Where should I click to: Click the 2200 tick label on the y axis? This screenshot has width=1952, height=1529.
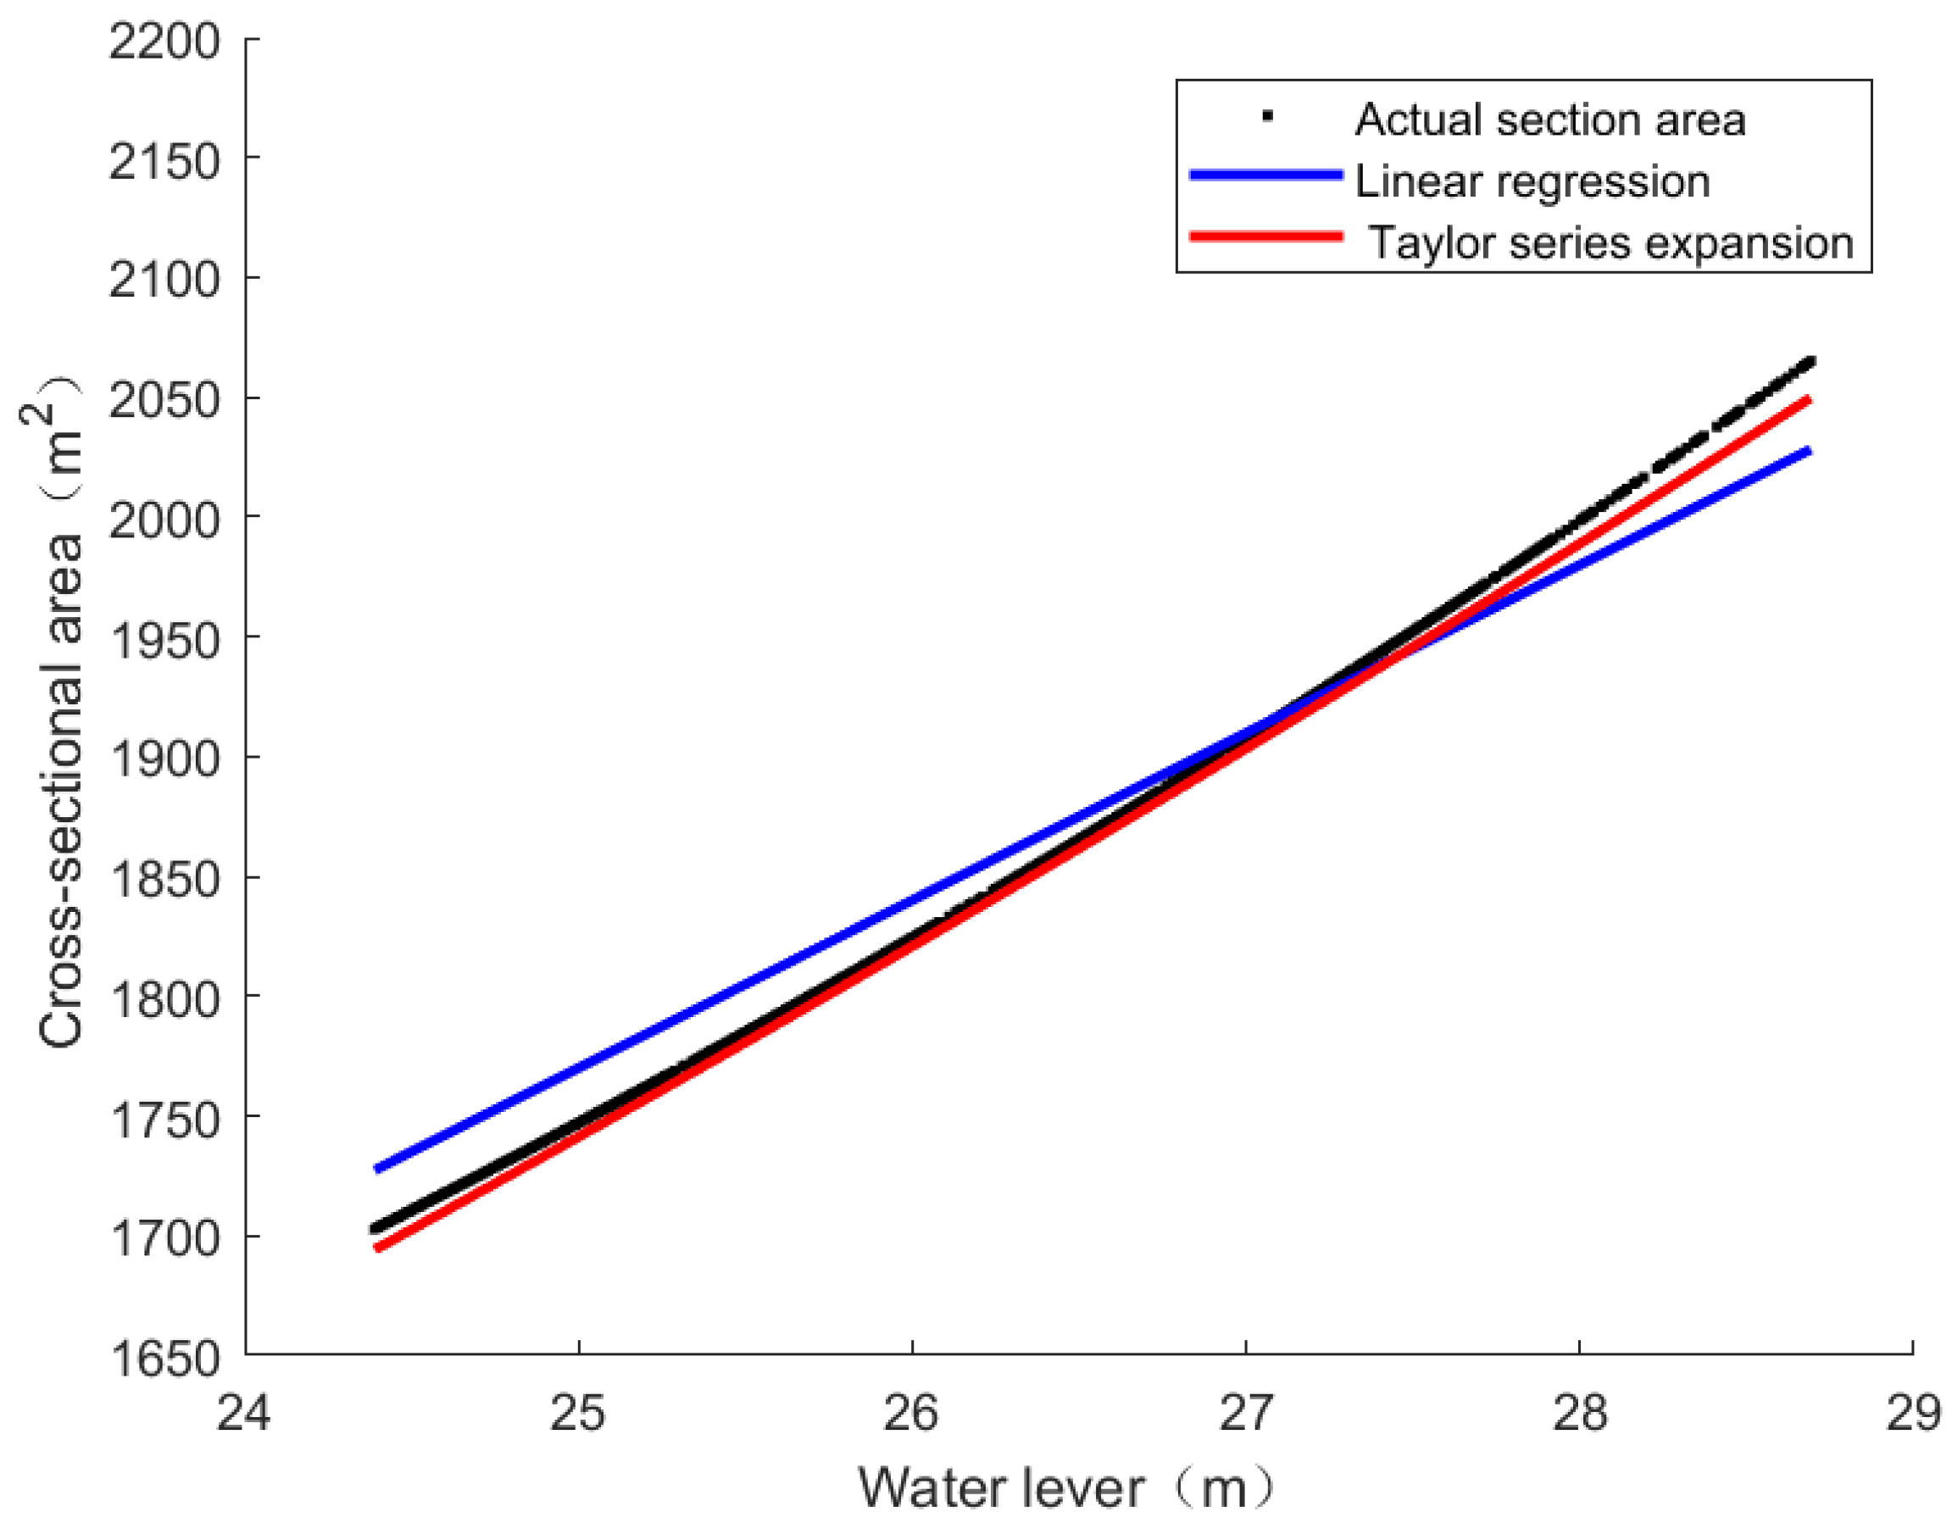coord(164,42)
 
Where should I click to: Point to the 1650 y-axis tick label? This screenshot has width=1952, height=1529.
coord(164,1359)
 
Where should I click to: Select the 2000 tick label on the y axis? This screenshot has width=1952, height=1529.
coord(164,520)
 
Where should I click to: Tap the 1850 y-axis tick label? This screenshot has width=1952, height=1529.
coord(164,879)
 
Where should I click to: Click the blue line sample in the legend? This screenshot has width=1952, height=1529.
coord(1265,175)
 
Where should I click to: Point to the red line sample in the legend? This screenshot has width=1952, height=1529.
coord(1265,237)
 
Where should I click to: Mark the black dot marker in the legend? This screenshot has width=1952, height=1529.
coord(1267,115)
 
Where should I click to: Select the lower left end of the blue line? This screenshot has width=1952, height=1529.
coord(378,1169)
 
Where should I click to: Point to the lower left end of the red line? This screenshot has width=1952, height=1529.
coord(378,1248)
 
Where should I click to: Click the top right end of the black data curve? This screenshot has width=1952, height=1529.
coord(1810,362)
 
